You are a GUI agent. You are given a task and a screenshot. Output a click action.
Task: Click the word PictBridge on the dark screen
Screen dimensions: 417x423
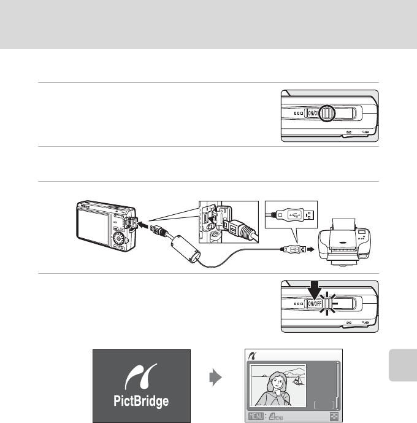click(142, 402)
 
